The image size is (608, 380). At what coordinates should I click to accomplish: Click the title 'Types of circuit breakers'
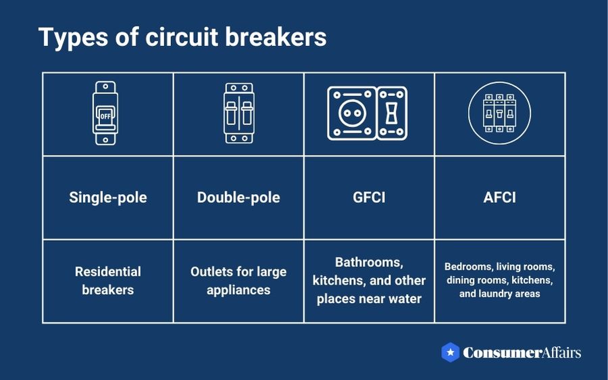[x=182, y=37]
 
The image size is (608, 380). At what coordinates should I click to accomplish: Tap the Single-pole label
[x=107, y=197]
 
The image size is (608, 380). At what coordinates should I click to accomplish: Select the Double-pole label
[x=238, y=197]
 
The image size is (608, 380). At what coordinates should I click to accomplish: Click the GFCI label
[x=369, y=197]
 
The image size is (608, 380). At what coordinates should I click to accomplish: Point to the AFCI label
[x=500, y=197]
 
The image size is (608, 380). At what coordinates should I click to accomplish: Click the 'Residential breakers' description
[x=107, y=281]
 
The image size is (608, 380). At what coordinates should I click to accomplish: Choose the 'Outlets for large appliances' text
[x=238, y=281]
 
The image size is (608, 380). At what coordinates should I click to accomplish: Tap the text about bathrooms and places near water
[x=369, y=281]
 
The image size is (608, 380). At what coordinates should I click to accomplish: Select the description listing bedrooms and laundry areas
[x=500, y=281]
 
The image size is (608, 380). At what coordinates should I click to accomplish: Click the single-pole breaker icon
[x=105, y=114]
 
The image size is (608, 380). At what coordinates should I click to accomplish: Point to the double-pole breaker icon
[x=238, y=114]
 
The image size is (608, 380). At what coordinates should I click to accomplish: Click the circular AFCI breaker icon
[x=499, y=114]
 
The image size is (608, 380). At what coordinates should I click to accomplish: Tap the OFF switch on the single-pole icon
[x=105, y=116]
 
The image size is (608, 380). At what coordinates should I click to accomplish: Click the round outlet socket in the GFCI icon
[x=351, y=114]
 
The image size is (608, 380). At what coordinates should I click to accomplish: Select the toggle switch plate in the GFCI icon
[x=391, y=114]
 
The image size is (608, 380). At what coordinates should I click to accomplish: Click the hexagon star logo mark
[x=451, y=352]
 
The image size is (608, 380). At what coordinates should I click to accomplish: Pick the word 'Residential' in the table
[x=107, y=272]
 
